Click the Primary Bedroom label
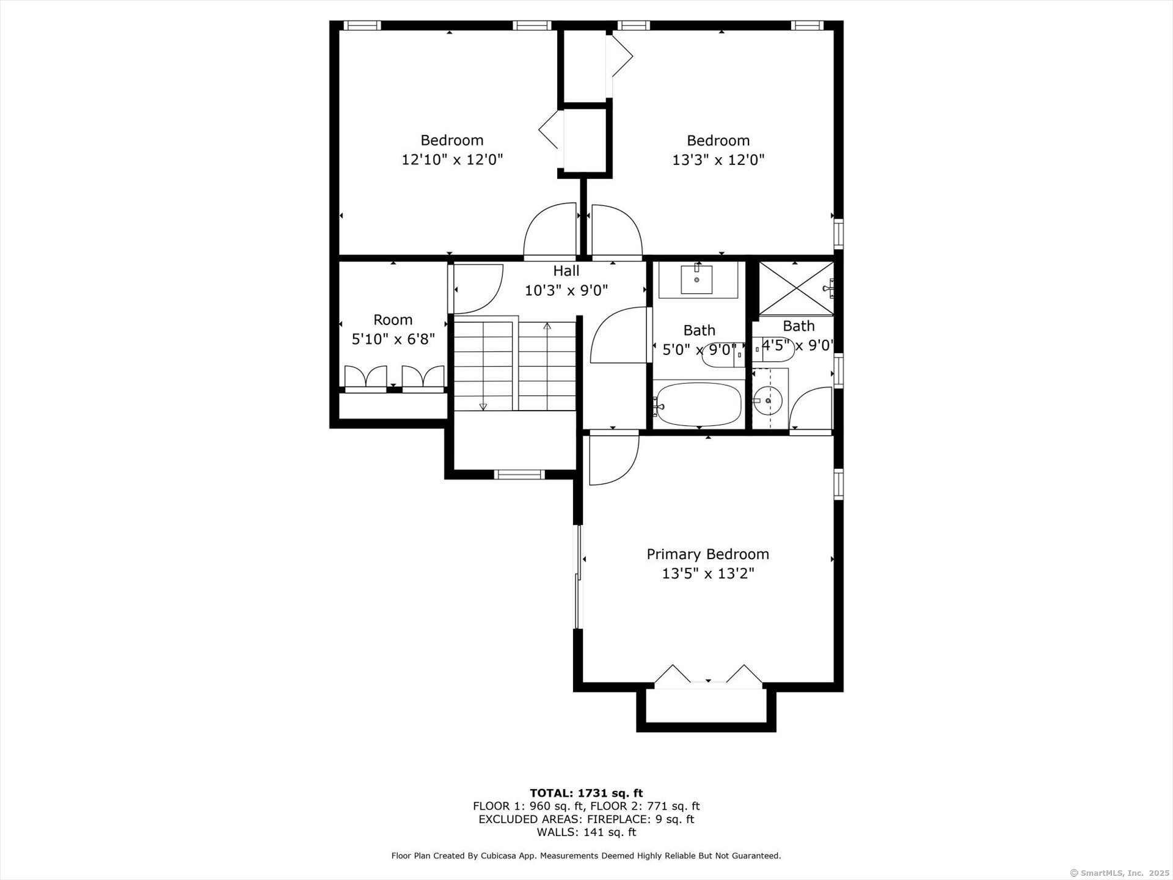pos(707,554)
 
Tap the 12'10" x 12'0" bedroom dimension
pos(451,160)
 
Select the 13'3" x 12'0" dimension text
pos(718,160)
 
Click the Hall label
pos(566,271)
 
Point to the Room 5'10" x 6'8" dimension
pos(393,339)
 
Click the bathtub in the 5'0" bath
pos(698,404)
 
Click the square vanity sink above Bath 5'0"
pos(696,280)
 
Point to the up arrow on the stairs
pos(547,327)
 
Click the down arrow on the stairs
pos(483,406)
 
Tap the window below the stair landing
pos(519,474)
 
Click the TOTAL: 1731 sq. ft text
pos(586,793)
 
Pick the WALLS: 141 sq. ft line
pos(586,832)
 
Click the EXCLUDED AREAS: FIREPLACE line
pos(586,820)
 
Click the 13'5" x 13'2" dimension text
pos(707,574)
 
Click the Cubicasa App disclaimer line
pos(586,856)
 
